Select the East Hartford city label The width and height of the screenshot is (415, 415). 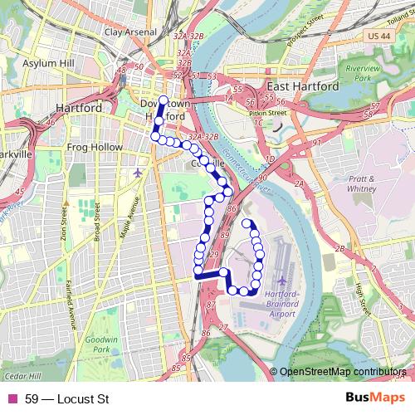pyautogui.click(x=303, y=85)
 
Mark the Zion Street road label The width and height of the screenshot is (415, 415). pyautogui.click(x=63, y=222)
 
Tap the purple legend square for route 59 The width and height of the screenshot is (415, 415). pyautogui.click(x=12, y=399)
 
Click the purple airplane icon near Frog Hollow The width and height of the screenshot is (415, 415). pyautogui.click(x=138, y=173)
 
